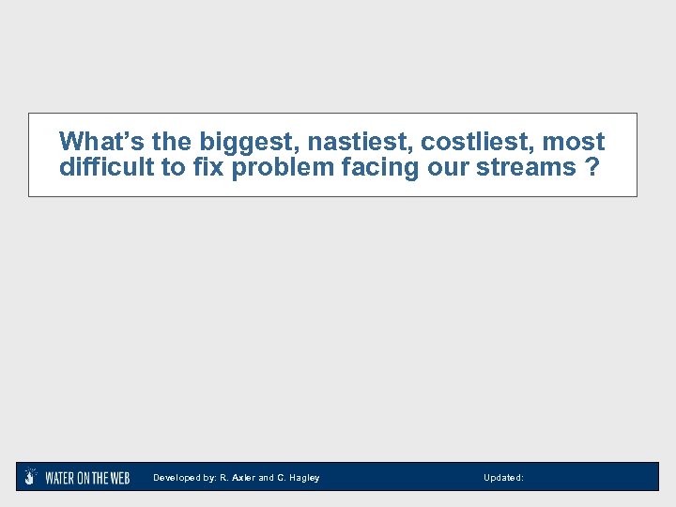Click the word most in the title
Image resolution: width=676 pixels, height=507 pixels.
tap(573, 142)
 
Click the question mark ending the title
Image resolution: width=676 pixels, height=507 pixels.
tap(591, 167)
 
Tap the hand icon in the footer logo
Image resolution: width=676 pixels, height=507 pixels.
tap(31, 477)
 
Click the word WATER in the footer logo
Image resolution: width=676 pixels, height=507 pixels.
tap(61, 478)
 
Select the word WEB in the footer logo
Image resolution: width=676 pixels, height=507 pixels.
tap(118, 478)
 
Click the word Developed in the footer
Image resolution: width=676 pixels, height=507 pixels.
tap(176, 478)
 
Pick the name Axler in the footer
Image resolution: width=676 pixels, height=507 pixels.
tap(243, 478)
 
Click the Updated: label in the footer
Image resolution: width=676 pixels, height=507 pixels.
tap(503, 478)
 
